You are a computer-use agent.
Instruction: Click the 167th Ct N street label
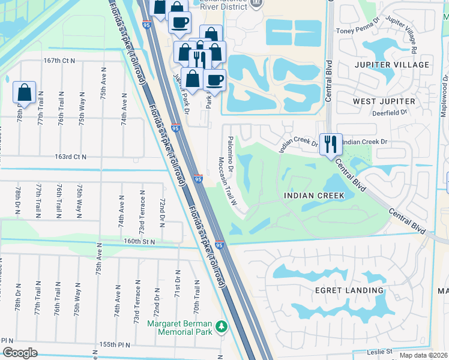[59, 61]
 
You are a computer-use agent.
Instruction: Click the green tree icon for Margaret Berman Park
[223, 326]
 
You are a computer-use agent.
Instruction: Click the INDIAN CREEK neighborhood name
[315, 196]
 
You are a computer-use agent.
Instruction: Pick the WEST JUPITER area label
[384, 101]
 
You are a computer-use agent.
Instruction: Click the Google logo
[20, 352]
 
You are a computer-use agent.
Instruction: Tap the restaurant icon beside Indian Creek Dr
[330, 144]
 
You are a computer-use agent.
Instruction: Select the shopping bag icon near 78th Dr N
[24, 92]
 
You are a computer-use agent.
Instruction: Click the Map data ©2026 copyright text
[423, 355]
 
